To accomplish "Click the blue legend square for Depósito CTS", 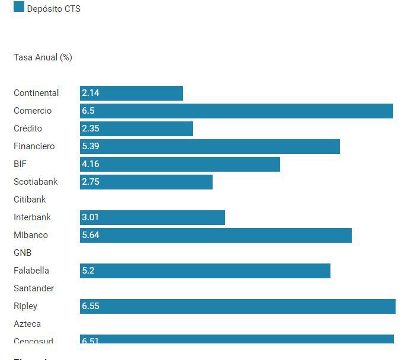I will pos(19,7).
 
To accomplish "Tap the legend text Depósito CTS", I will pos(53,9).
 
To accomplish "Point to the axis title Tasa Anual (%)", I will pos(43,57).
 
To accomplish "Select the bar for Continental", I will pos(131,93).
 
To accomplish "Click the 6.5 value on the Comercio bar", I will pos(88,111).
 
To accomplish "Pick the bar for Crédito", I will pos(136,128).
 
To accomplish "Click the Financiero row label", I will pos(34,146).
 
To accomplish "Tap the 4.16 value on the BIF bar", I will pos(91,164).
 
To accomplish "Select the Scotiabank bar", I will pos(146,182).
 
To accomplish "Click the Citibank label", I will pos(30,200).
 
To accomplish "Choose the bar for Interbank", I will pos(152,217).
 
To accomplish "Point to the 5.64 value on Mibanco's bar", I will pos(91,235).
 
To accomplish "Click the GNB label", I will pos(23,253).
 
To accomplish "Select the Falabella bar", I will pos(205,271).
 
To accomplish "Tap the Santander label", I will pos(34,288).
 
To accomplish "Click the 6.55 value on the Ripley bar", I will pos(91,306).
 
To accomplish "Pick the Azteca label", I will pos(27,324).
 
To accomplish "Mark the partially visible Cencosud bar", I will pos(237,339).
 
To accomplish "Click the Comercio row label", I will pos(33,111).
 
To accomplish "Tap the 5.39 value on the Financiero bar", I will pos(91,146).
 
